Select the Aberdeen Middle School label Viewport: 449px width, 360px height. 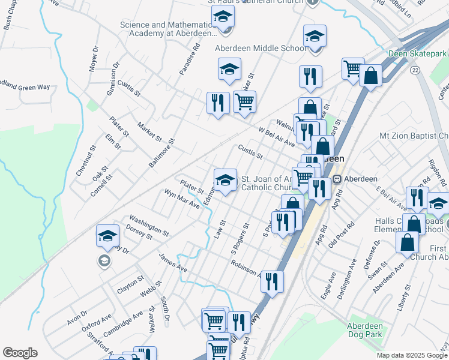click(260, 49)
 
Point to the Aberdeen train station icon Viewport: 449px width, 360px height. click(337, 179)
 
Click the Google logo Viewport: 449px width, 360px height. click(20, 353)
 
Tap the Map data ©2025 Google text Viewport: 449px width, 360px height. click(412, 355)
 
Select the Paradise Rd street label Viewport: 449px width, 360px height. click(188, 62)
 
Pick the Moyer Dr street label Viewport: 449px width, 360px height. click(93, 58)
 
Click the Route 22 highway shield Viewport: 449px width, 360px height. click(415, 70)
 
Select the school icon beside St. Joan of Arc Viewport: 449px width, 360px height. click(225, 180)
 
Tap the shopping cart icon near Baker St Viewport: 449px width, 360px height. click(244, 103)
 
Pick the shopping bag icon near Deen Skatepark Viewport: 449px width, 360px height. click(371, 76)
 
